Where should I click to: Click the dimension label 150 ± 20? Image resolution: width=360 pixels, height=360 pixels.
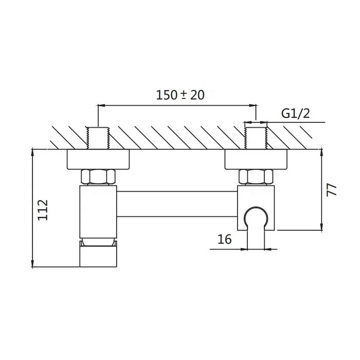click(180, 95)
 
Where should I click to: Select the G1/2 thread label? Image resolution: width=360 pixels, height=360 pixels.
click(295, 114)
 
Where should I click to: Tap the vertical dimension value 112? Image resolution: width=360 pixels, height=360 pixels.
click(43, 210)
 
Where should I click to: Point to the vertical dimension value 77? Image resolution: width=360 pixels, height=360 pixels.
click(331, 189)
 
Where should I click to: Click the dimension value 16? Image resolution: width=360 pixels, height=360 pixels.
click(224, 239)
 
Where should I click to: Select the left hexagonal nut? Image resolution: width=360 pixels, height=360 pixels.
click(98, 177)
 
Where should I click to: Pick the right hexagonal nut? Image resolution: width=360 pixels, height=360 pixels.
click(256, 177)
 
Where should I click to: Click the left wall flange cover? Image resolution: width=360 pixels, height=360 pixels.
click(98, 159)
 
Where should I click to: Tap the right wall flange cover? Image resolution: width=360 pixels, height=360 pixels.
click(256, 159)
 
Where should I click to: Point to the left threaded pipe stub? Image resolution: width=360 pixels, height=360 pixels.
click(98, 138)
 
